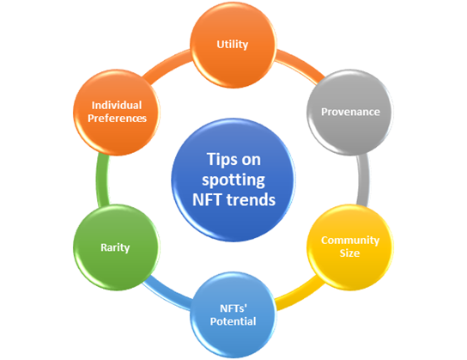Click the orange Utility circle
(x=233, y=45)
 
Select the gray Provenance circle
(x=350, y=113)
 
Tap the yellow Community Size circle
(x=350, y=247)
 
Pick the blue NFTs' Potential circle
(x=233, y=314)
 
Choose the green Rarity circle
(x=117, y=247)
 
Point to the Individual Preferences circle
(x=117, y=113)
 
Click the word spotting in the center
(x=233, y=180)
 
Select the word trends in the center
(x=251, y=199)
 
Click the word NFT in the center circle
(x=208, y=199)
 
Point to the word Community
(x=350, y=241)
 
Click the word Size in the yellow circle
(x=349, y=253)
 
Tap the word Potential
(x=233, y=321)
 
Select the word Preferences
(x=117, y=119)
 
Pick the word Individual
(x=117, y=105)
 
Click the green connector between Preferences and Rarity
(x=102, y=180)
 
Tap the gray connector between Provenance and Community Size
(x=364, y=180)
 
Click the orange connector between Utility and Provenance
(x=300, y=65)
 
